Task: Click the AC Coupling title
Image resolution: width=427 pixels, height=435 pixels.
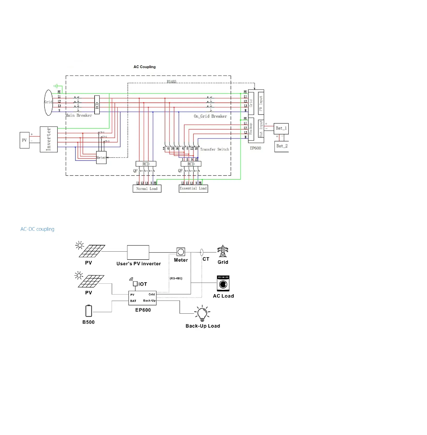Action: [144, 67]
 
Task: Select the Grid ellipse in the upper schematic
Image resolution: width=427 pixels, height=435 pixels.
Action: [48, 103]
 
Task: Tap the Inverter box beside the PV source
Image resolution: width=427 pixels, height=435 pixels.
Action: [49, 139]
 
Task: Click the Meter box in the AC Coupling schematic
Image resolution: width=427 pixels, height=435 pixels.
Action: [101, 158]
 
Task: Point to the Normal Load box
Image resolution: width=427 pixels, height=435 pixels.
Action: [147, 189]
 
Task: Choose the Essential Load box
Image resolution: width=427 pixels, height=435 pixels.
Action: [193, 189]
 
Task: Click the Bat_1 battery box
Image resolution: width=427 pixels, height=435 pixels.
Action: [281, 128]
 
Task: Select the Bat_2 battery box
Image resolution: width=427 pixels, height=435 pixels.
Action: [281, 146]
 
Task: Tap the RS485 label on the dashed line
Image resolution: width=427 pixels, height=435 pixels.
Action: [171, 82]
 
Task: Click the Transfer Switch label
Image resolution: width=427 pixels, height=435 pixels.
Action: [214, 149]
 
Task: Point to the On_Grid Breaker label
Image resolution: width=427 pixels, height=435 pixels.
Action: [210, 116]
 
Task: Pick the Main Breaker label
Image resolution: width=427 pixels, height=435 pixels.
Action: [79, 115]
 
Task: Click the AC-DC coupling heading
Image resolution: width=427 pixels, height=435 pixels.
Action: [37, 229]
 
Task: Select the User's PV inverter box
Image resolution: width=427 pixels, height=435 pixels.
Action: [138, 252]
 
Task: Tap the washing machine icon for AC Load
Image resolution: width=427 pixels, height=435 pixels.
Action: [223, 283]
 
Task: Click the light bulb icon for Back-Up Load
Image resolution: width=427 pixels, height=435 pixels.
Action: [202, 313]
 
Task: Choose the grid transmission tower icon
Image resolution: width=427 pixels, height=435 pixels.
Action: [223, 251]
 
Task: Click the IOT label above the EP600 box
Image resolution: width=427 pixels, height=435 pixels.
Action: [142, 284]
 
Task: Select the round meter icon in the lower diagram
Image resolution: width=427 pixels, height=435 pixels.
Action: [181, 252]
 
